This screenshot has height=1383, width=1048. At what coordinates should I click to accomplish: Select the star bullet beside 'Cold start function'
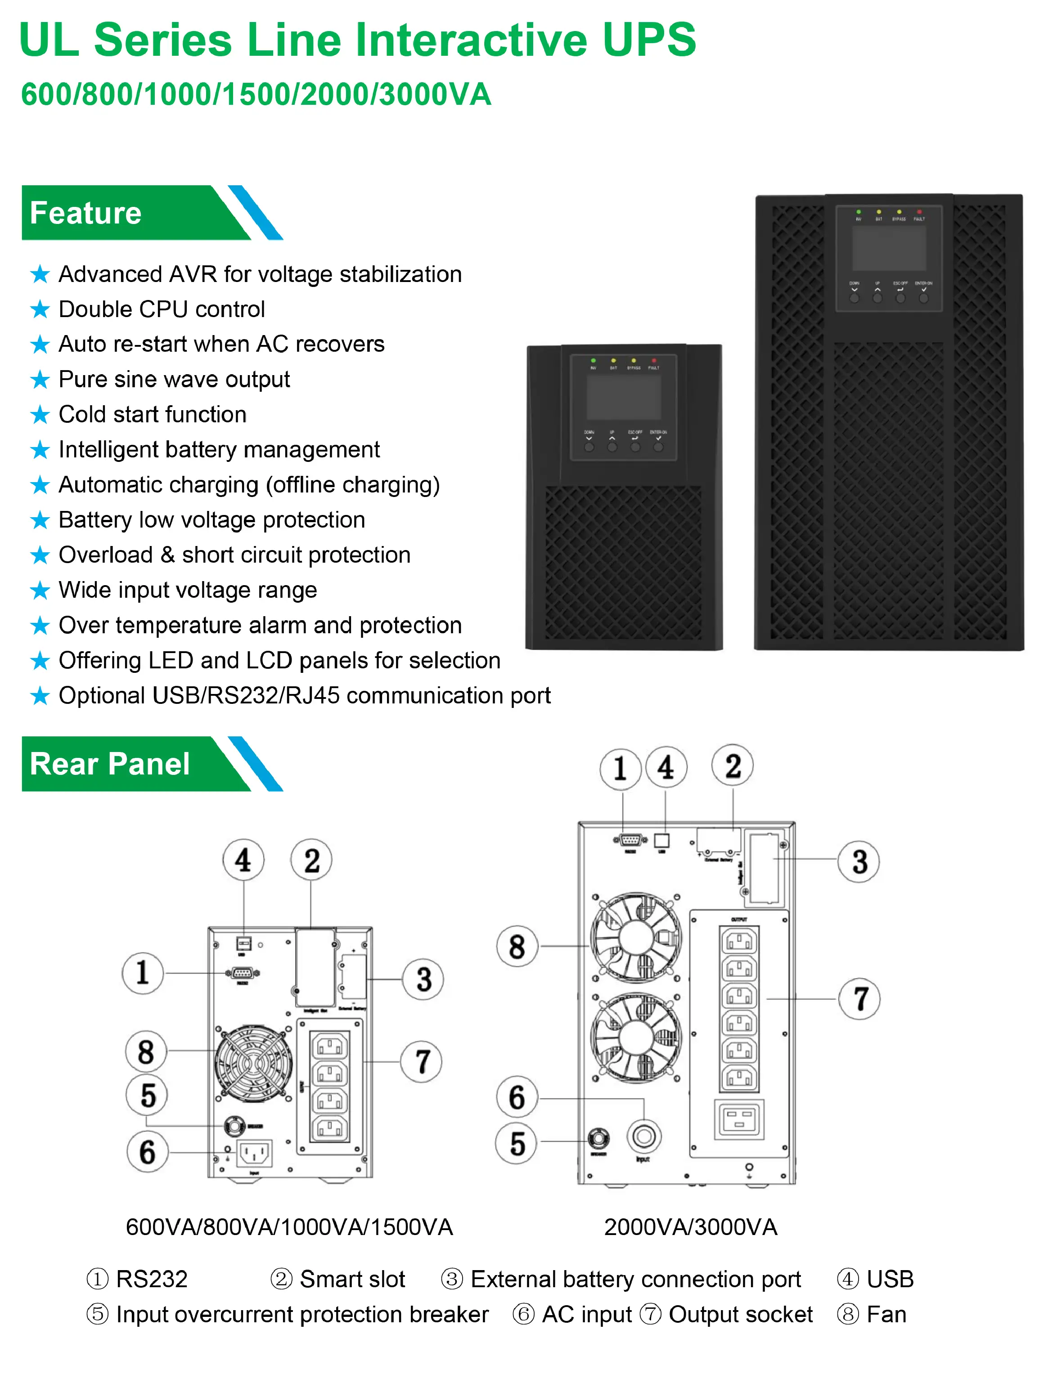pyautogui.click(x=40, y=415)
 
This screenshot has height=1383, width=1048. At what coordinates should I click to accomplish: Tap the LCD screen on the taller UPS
pyautogui.click(x=889, y=247)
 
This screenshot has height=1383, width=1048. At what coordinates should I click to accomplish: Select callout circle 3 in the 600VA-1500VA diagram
pyautogui.click(x=423, y=979)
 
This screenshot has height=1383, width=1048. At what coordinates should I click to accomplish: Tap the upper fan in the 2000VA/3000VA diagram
pyautogui.click(x=636, y=936)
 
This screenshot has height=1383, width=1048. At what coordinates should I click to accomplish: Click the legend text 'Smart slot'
pyautogui.click(x=352, y=1279)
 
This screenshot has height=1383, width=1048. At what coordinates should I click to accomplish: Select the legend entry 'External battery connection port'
pyautogui.click(x=635, y=1279)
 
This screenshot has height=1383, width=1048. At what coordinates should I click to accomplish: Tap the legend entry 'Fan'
pyautogui.click(x=886, y=1314)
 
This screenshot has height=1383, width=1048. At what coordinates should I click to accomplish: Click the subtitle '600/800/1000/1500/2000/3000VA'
pyautogui.click(x=256, y=94)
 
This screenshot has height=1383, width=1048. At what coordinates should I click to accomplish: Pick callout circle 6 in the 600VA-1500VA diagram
pyautogui.click(x=147, y=1152)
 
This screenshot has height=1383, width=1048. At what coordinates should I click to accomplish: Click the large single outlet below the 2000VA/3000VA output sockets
pyautogui.click(x=739, y=1119)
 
